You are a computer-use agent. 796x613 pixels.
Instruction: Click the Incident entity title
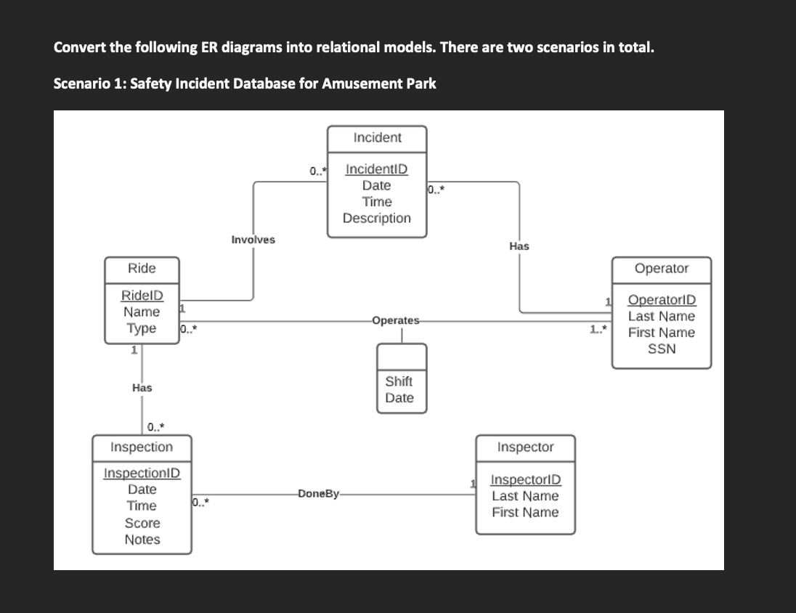[x=377, y=137]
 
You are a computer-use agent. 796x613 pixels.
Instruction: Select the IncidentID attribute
[x=376, y=169]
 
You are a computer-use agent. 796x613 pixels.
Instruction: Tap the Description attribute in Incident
[x=376, y=218]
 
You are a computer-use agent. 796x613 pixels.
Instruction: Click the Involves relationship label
[x=253, y=240]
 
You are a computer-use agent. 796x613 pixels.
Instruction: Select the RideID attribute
[x=142, y=296]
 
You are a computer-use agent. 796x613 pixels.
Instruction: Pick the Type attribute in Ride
[x=142, y=328]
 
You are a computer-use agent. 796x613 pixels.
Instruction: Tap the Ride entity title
[x=142, y=268]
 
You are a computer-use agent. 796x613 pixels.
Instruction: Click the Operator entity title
[x=661, y=268]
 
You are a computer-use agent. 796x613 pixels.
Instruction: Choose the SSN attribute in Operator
[x=661, y=349]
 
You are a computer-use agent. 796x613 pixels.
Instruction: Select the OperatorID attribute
[x=661, y=300]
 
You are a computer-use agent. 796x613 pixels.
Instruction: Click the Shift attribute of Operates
[x=399, y=381]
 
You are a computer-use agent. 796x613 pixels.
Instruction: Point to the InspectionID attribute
[x=142, y=473]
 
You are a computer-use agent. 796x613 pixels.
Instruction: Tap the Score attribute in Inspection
[x=142, y=523]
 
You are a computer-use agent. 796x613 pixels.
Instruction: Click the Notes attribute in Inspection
[x=142, y=540]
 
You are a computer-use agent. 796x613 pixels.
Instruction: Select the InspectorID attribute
[x=525, y=480]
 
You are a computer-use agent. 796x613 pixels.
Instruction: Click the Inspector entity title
[x=525, y=447]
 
